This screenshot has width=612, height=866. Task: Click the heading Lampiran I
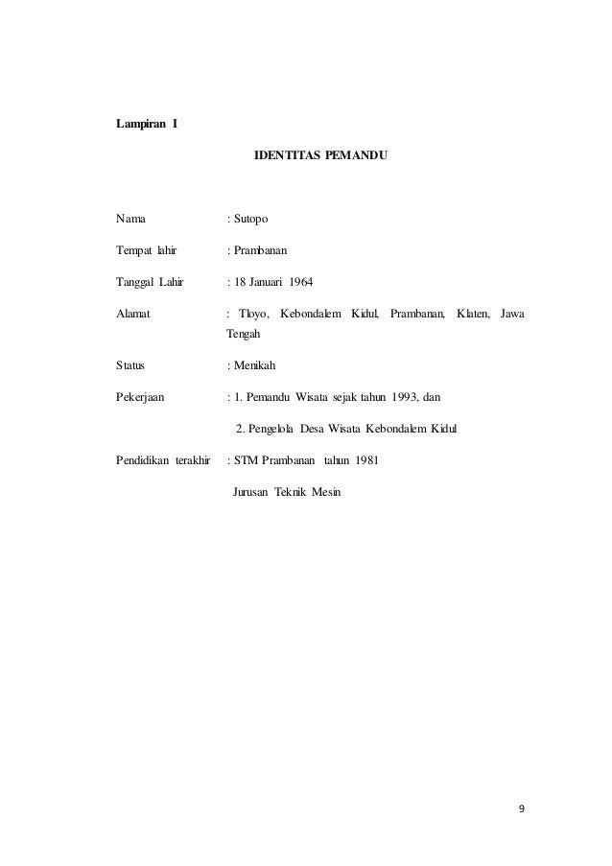(146, 124)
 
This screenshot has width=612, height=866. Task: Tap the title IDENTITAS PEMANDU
(320, 153)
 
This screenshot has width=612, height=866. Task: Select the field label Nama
(131, 220)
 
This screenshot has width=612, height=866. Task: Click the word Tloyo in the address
(253, 315)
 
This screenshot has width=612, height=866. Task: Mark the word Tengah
(244, 335)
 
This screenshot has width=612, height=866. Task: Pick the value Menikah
(254, 365)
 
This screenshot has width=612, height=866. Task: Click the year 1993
(394, 397)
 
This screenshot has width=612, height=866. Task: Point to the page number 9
(521, 807)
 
